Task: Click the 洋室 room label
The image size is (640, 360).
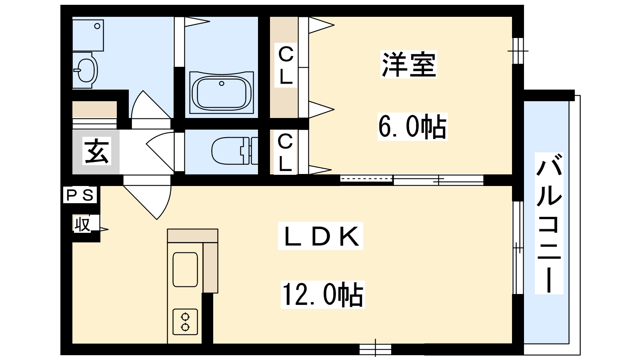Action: click(408, 64)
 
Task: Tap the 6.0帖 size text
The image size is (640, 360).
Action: click(412, 126)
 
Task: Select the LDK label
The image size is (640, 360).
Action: click(320, 236)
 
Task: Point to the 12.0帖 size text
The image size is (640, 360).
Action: click(323, 294)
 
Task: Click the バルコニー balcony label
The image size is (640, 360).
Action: click(549, 223)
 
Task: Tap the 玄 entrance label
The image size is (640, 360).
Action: click(97, 151)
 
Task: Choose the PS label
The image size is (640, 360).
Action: click(80, 195)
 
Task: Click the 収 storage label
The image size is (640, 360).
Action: click(82, 224)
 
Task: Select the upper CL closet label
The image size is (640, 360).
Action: click(286, 66)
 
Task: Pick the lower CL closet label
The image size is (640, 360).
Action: click(286, 152)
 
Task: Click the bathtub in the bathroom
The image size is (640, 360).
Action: click(222, 92)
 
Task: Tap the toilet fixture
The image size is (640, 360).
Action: click(234, 151)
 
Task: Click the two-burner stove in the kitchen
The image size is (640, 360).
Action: click(185, 322)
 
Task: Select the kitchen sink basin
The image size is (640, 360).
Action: click(185, 270)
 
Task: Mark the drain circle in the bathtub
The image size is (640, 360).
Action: click(222, 84)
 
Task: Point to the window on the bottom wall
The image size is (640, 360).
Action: click(375, 349)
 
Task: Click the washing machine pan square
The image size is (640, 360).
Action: click(88, 36)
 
